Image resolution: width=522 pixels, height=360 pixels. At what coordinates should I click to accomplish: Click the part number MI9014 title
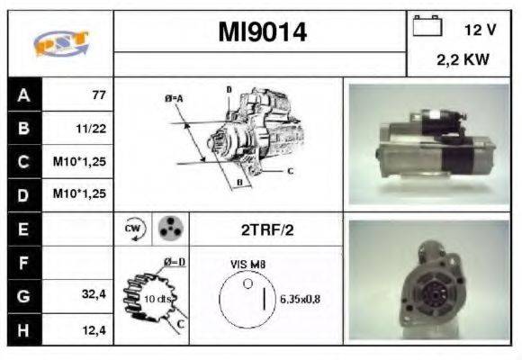point(262,33)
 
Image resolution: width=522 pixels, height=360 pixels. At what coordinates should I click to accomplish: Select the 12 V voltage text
point(480,30)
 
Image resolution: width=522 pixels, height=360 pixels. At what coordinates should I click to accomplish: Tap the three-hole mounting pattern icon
point(168,229)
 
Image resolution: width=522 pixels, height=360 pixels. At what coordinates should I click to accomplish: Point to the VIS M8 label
point(247,265)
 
